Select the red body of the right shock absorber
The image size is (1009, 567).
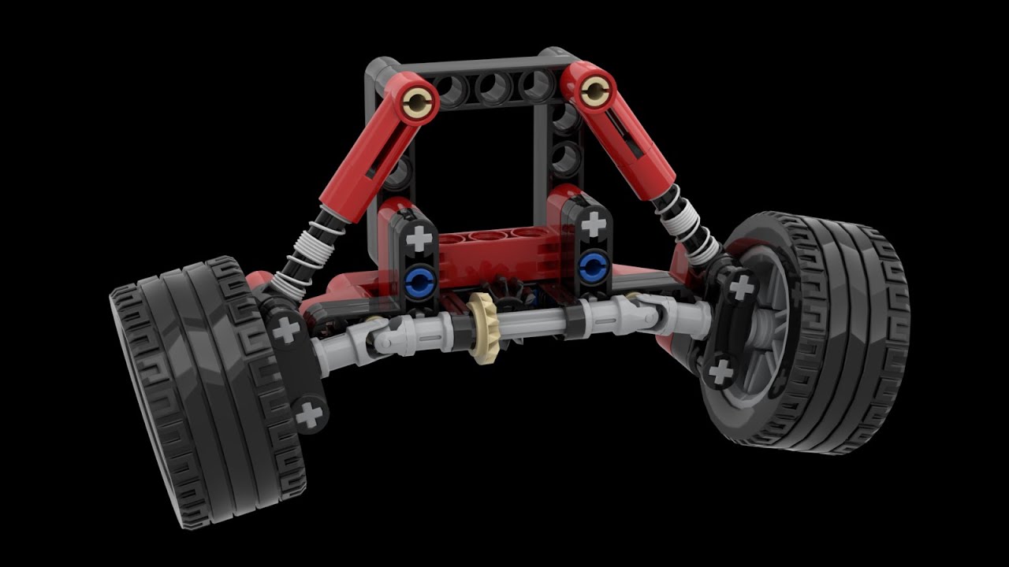[635, 138]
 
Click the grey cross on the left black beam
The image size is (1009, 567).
[421, 236]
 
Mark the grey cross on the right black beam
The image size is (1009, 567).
[593, 224]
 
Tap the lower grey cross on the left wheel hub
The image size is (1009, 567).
[311, 413]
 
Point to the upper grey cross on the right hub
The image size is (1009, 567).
[740, 287]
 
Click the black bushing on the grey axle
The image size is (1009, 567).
[573, 317]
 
